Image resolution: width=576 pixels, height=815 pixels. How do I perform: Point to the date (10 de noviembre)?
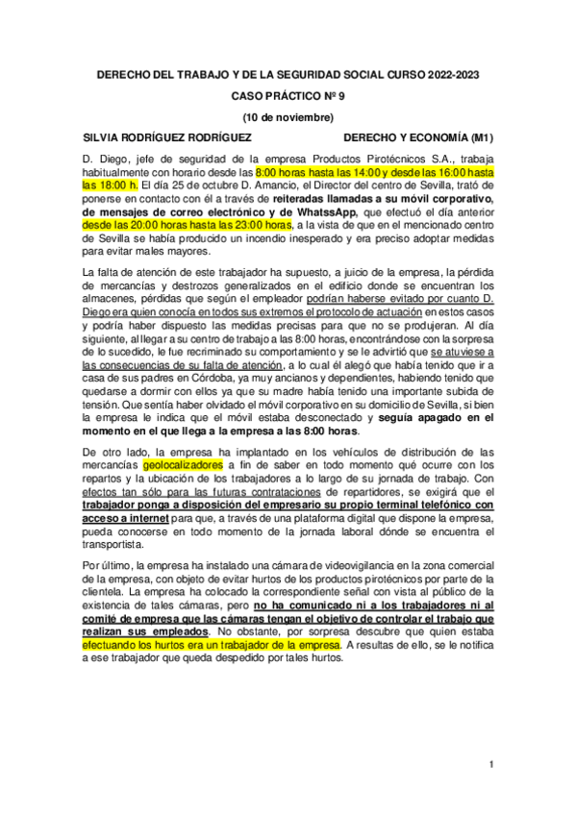(288, 117)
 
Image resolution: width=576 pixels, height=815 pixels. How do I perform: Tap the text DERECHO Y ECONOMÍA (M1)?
(418, 137)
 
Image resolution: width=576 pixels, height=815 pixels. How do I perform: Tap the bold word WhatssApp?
(327, 211)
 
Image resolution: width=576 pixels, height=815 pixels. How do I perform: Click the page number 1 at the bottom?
(490, 764)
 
